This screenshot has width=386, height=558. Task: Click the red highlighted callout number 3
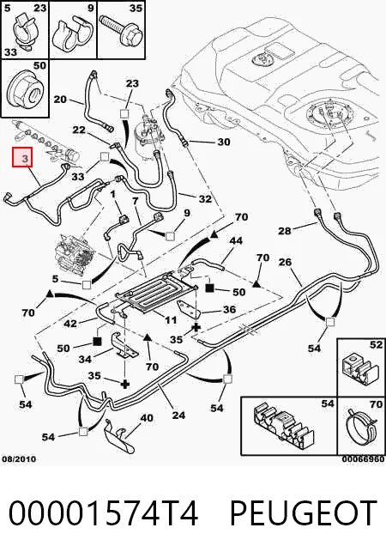point(23,157)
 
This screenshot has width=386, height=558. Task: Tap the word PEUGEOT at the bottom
point(303,513)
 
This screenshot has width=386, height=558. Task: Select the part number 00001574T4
point(103,513)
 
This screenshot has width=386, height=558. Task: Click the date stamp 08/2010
point(19,459)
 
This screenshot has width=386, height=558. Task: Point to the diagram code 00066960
point(363,459)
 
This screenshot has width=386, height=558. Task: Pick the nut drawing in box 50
point(27,90)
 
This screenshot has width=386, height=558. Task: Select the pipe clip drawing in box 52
point(359,369)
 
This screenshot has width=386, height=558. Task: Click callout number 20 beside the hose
point(60,100)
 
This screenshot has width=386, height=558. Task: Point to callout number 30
point(224,142)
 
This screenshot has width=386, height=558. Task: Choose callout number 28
point(285,231)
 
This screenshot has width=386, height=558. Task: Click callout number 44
point(236,240)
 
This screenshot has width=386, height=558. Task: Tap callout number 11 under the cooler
point(171,319)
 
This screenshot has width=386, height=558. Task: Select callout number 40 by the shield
point(147,418)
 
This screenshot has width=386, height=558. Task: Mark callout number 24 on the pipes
point(178,415)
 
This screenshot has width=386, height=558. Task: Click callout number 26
point(285,263)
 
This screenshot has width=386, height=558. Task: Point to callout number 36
point(229,309)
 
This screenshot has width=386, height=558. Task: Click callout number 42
point(70,324)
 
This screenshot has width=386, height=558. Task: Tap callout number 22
point(79,130)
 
